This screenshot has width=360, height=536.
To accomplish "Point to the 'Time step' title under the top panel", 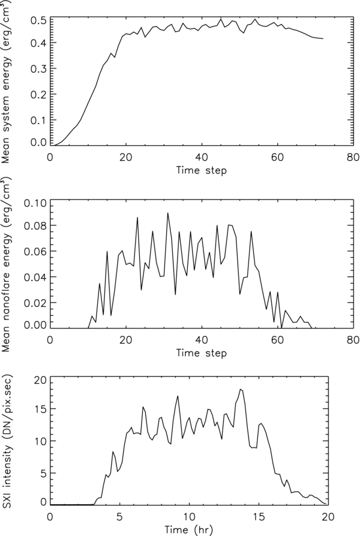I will (x=201, y=170).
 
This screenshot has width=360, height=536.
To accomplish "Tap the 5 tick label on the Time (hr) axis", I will (x=120, y=517).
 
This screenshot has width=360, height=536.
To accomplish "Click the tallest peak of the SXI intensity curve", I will (x=240, y=389).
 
